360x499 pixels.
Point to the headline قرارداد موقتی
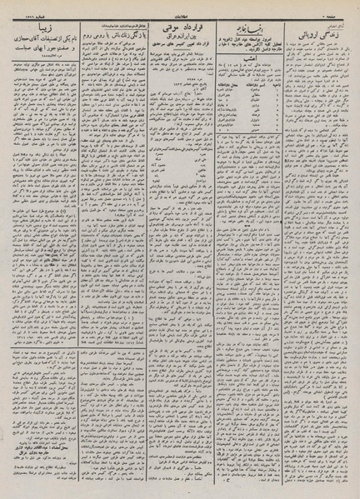tap(177, 37)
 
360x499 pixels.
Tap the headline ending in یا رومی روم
tap(109, 37)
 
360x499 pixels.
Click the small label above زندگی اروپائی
tap(337, 28)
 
